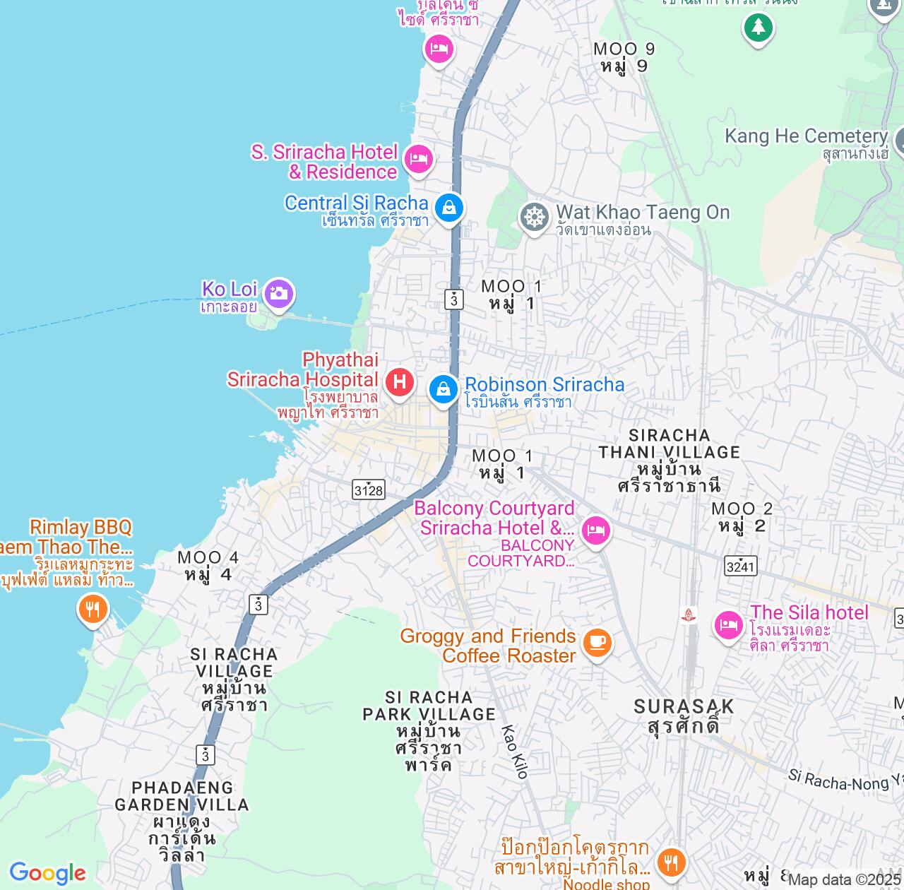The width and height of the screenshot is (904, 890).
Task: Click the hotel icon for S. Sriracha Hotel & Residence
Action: coord(419,158)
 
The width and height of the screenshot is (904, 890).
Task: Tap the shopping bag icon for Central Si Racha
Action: coord(448,208)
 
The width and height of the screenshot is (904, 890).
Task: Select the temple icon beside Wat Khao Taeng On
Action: coord(535,217)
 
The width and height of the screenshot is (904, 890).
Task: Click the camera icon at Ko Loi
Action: coord(278,293)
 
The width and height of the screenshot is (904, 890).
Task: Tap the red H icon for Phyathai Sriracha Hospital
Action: coord(400,382)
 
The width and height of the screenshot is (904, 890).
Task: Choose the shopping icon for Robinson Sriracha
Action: coord(444,388)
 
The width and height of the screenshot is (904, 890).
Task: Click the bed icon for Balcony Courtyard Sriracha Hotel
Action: coord(596,530)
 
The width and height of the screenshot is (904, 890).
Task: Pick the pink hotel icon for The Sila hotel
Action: coord(728,624)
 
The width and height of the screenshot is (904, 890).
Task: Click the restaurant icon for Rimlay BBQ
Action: coord(93,608)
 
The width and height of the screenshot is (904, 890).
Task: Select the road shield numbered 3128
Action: coord(369,490)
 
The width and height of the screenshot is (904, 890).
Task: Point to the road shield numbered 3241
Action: coord(741,566)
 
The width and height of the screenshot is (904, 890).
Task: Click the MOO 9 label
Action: coord(624,57)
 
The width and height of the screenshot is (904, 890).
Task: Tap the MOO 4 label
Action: coord(208,566)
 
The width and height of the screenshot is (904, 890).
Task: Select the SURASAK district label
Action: coord(684,716)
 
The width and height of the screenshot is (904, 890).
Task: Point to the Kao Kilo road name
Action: coord(515,752)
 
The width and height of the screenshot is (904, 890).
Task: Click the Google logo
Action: coord(47,873)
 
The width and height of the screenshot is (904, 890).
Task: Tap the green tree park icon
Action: coord(758,28)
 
